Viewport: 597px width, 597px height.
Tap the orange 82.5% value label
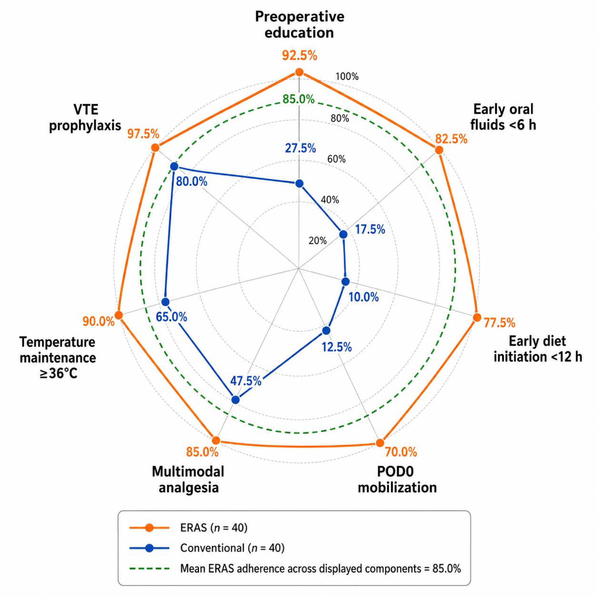(451, 139)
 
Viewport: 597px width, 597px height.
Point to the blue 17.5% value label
(370, 230)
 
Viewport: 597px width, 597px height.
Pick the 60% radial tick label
(336, 159)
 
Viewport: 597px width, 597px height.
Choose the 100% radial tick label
(347, 76)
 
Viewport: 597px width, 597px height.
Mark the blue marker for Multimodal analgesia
(235, 400)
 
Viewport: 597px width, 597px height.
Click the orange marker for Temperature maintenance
(118, 315)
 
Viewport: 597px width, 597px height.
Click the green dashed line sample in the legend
(149, 568)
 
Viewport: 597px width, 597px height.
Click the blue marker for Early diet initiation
(346, 281)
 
